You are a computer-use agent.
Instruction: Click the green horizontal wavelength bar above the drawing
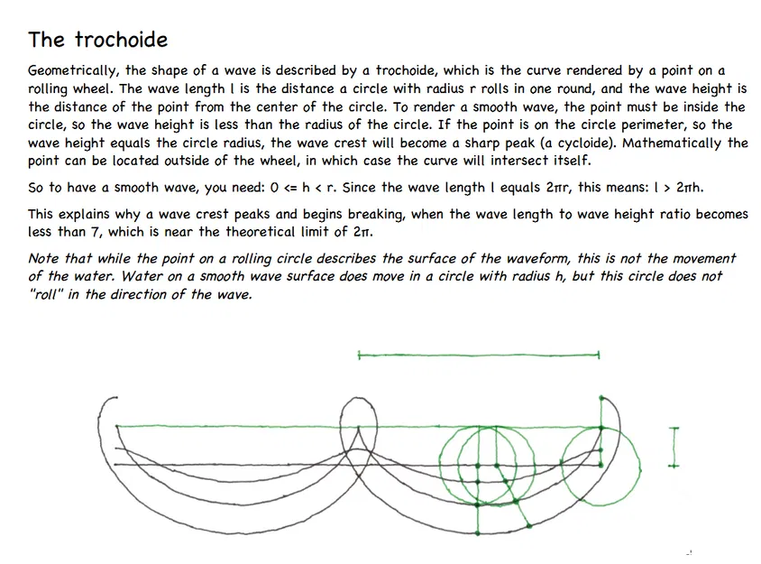[x=478, y=356]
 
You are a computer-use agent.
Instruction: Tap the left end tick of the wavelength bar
[x=359, y=356]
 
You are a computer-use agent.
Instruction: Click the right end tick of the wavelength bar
[x=599, y=356]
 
